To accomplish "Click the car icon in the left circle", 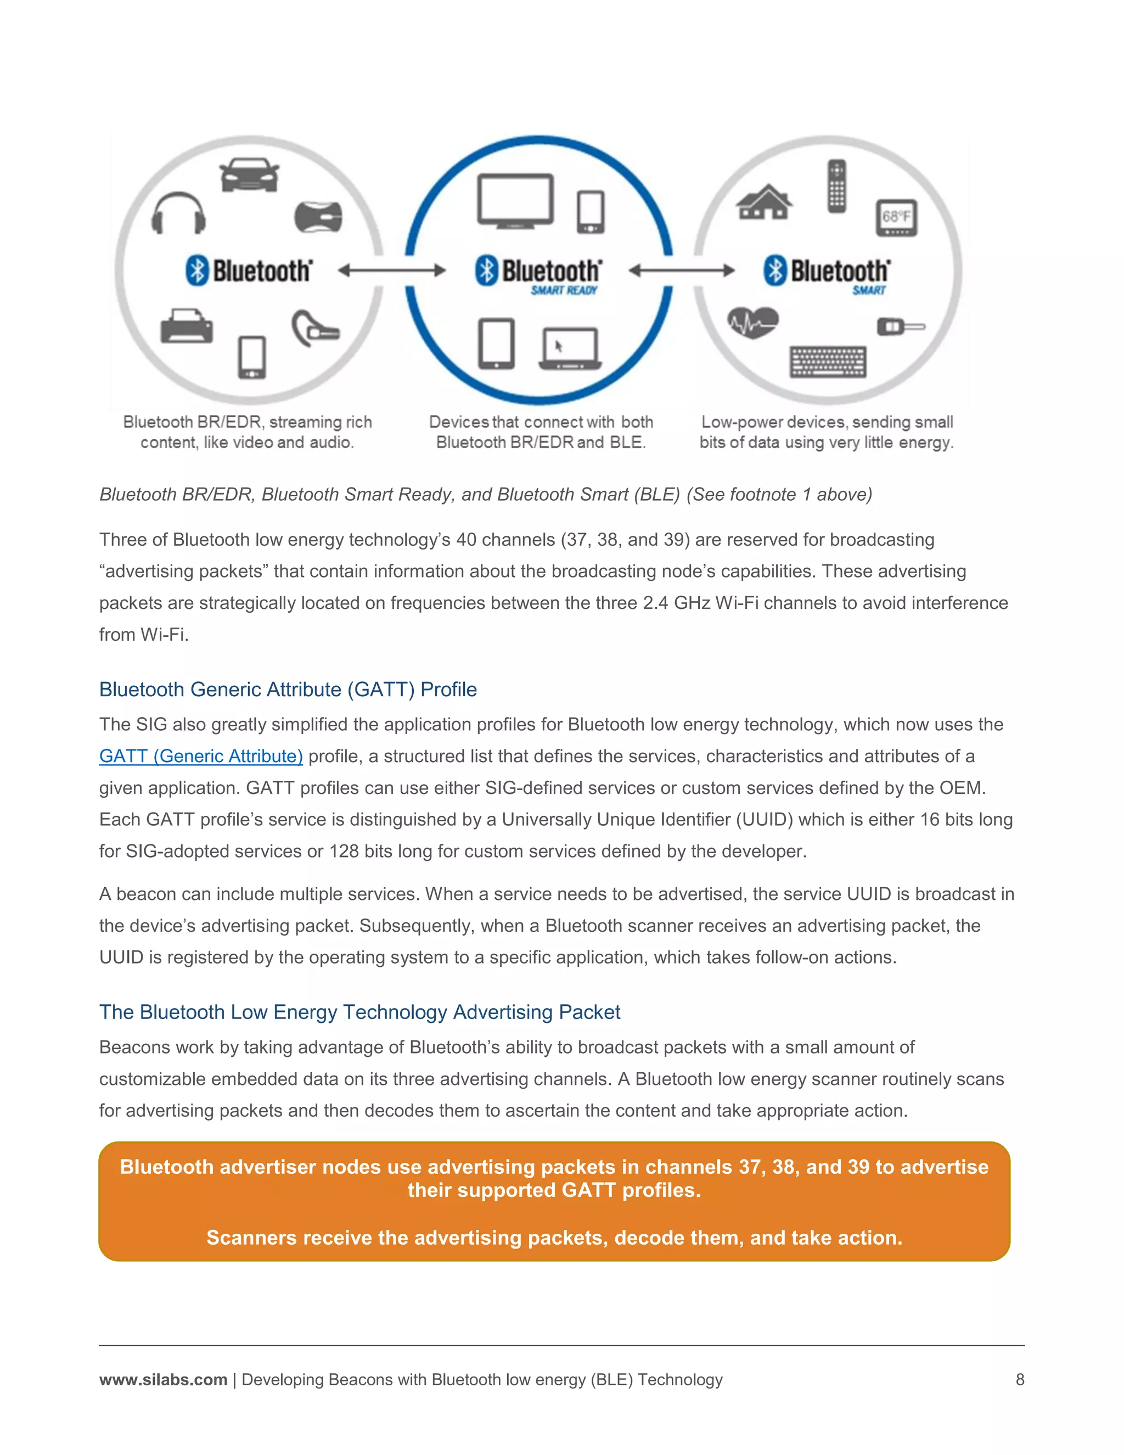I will click(249, 175).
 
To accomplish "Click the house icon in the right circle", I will click(764, 202).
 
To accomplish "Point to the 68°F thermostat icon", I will click(896, 218).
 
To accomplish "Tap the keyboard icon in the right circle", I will click(828, 362).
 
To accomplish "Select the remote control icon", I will click(836, 187).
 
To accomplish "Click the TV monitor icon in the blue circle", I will click(515, 200).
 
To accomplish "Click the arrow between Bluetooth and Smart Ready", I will click(391, 271).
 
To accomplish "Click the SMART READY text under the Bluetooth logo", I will click(563, 290).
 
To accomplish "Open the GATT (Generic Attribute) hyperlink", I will click(201, 756).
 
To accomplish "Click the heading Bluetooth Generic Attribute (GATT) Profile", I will click(288, 690).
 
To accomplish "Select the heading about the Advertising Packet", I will click(359, 1012).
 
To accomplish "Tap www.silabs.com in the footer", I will click(163, 1379).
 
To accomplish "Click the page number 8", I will click(1020, 1379).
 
